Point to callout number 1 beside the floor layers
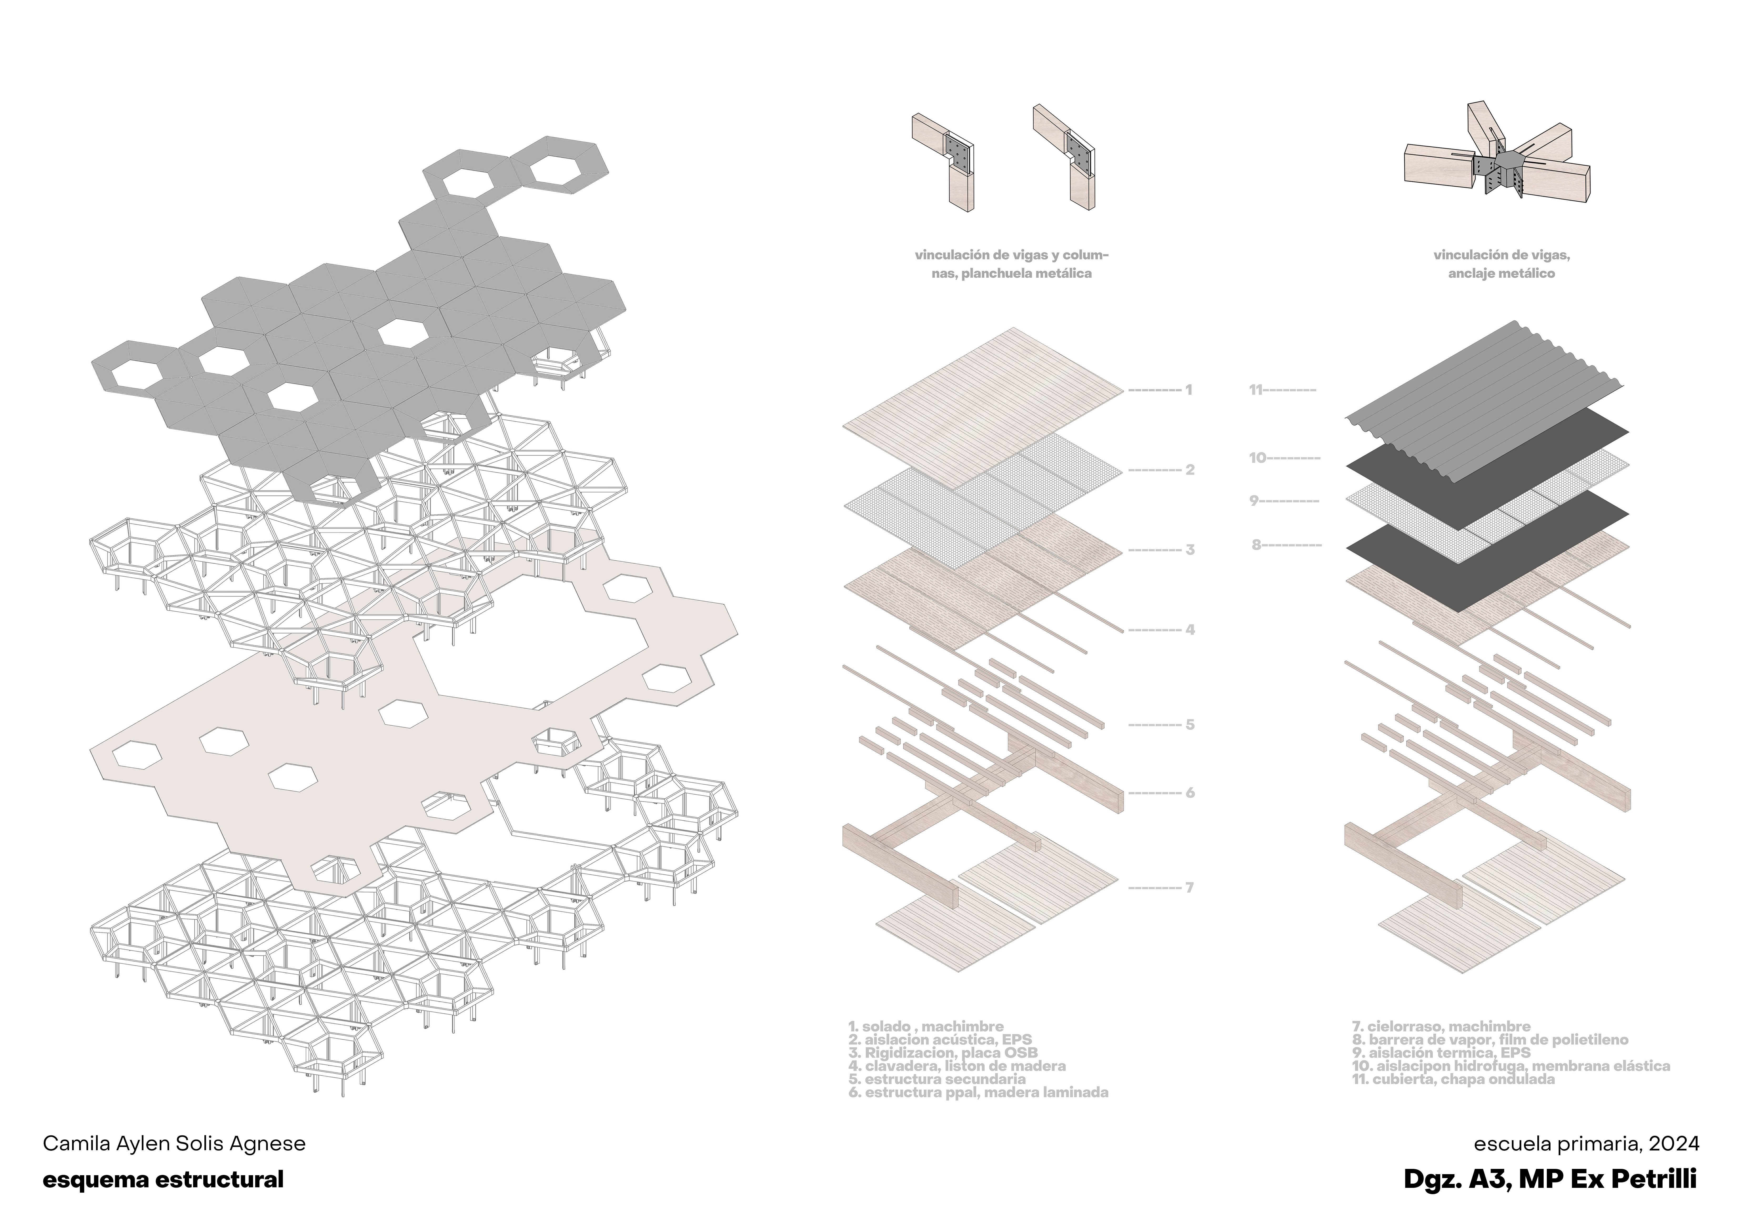coord(1189,390)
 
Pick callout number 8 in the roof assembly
coord(1256,545)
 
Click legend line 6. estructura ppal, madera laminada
coord(979,1093)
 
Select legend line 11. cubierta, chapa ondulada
coord(1453,1079)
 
